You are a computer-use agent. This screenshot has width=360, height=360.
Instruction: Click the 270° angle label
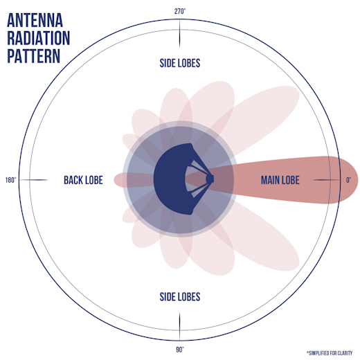click(x=180, y=11)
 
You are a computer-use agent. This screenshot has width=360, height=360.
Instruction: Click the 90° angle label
click(x=180, y=350)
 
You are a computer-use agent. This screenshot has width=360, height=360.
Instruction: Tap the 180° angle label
click(x=11, y=180)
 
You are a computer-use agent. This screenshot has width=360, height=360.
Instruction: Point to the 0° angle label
click(x=348, y=180)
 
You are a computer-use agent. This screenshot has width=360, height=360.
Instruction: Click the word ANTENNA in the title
click(x=35, y=20)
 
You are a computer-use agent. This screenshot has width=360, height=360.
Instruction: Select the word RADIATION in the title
click(x=39, y=38)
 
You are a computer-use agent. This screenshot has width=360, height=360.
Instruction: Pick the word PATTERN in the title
click(x=34, y=56)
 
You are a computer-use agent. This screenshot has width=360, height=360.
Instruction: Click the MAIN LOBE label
click(x=280, y=180)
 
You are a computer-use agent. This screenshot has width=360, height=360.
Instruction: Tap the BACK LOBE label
click(x=83, y=180)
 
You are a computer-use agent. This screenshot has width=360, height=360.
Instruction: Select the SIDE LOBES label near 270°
click(x=180, y=63)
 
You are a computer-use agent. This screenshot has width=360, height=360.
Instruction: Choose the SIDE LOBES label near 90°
click(x=180, y=297)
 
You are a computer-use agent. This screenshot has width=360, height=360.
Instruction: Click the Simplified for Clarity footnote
click(x=330, y=353)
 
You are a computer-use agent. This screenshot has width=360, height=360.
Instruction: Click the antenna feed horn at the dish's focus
click(x=210, y=179)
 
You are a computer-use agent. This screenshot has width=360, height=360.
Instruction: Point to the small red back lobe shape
click(x=134, y=180)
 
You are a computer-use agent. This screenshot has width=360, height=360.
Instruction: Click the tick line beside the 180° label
click(x=33, y=180)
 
